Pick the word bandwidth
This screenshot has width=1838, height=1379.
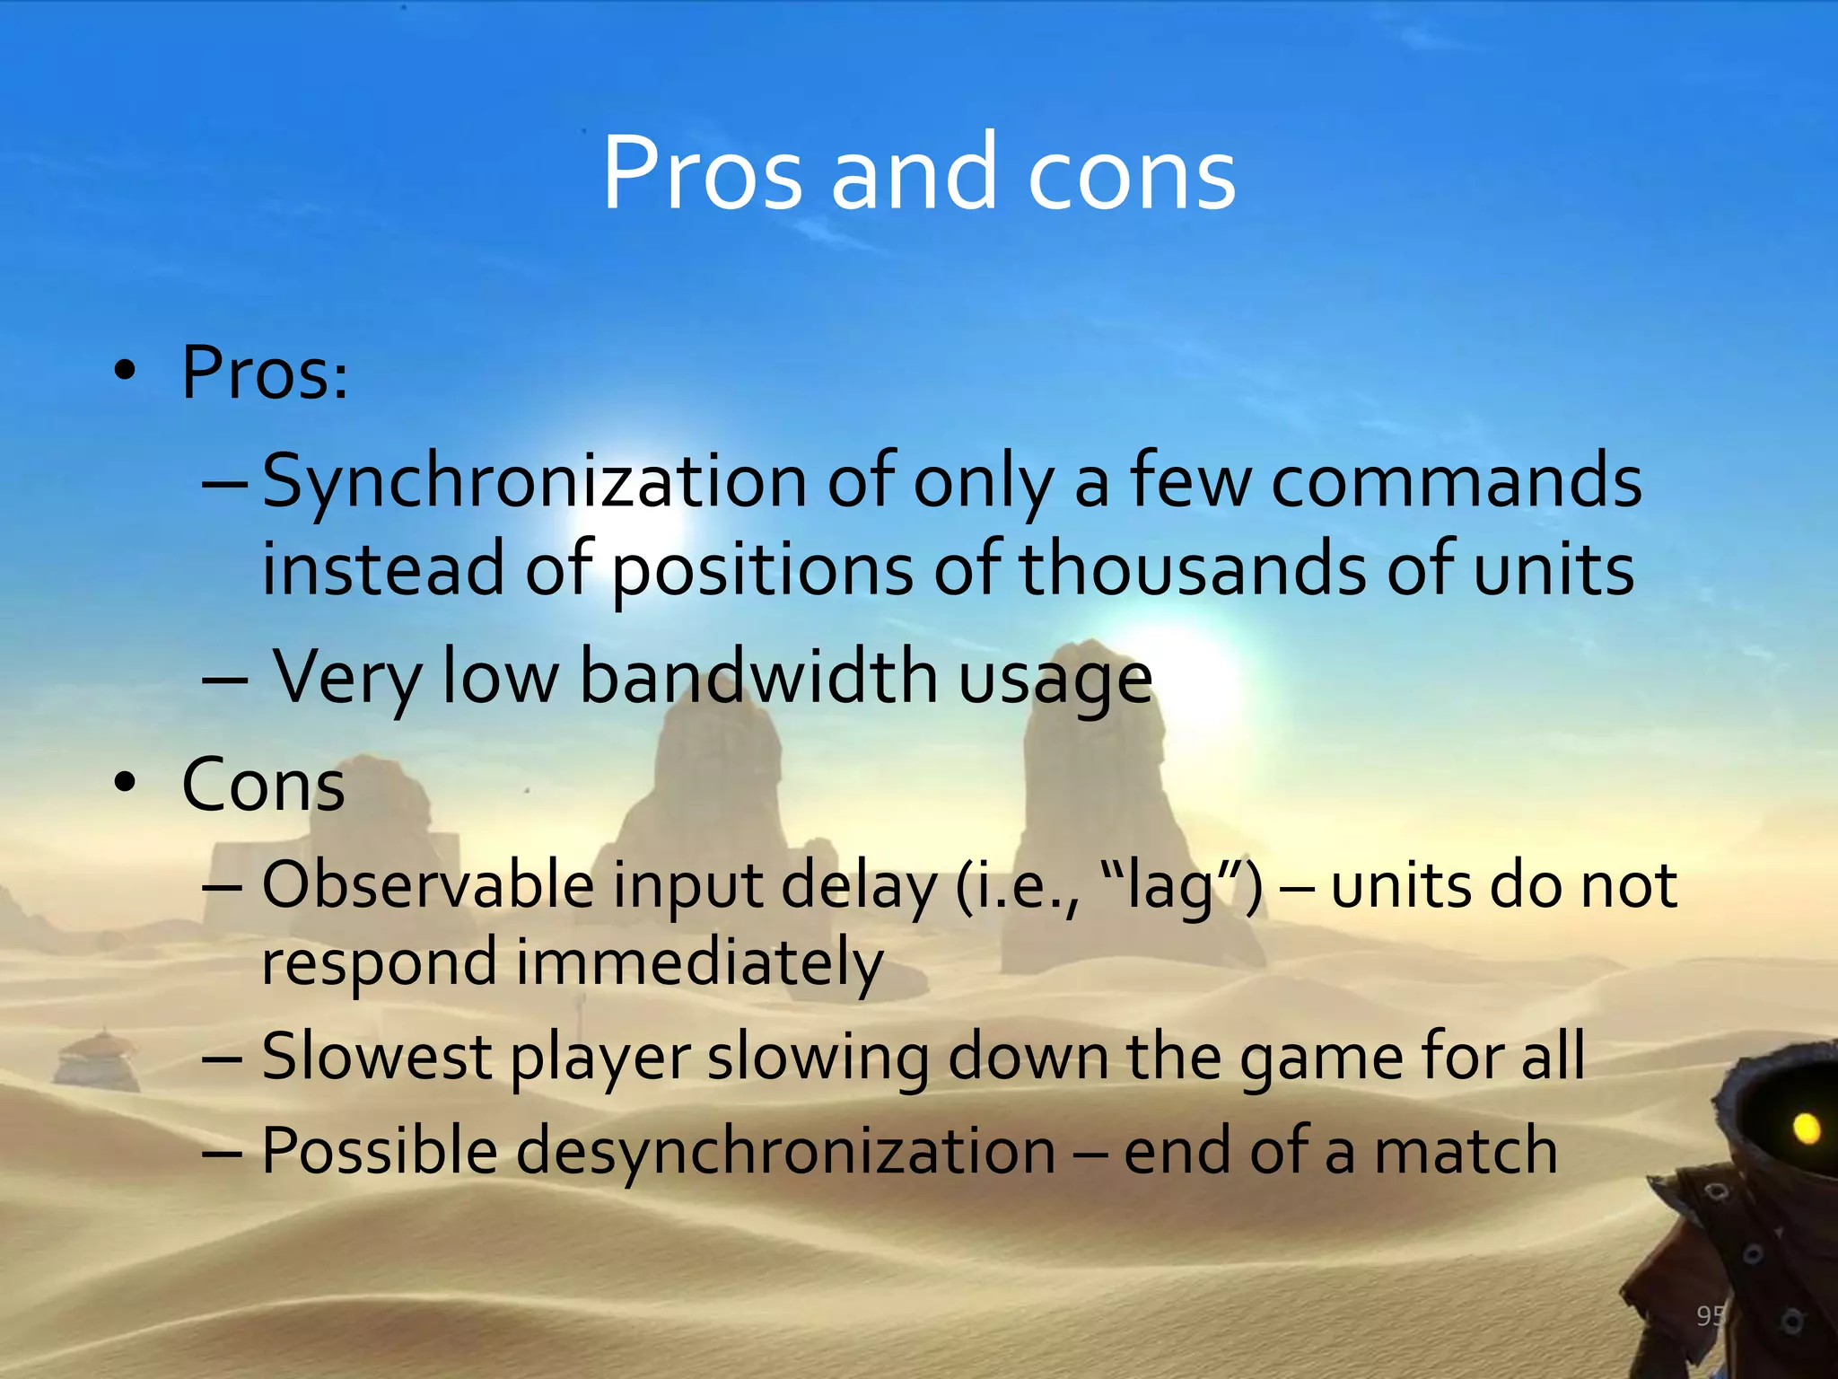pyautogui.click(x=758, y=677)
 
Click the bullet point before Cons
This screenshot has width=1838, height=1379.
pyautogui.click(x=125, y=783)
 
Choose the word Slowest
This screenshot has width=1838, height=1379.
pyautogui.click(x=376, y=1057)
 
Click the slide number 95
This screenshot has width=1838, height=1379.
pyautogui.click(x=1710, y=1316)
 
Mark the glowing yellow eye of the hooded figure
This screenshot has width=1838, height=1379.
pyautogui.click(x=1806, y=1128)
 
